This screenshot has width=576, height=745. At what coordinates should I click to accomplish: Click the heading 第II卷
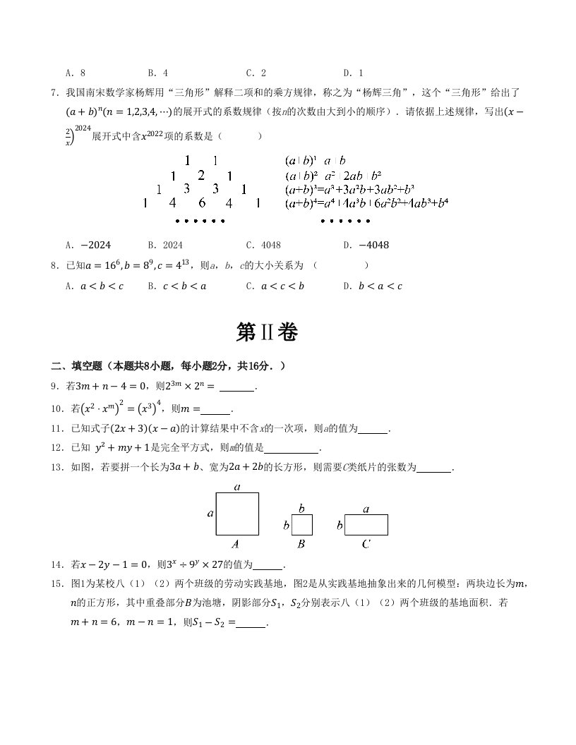pos(267,332)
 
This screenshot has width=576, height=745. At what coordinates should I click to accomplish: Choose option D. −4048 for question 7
pos(365,246)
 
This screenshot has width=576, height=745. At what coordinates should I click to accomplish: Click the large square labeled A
pos(237,514)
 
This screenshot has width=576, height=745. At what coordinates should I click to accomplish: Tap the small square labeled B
pos(302,525)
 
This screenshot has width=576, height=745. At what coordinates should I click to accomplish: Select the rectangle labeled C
pos(366,525)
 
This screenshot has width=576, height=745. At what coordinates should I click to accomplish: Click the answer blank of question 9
pos(236,386)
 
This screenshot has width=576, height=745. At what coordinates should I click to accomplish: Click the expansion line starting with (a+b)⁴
pos(366,203)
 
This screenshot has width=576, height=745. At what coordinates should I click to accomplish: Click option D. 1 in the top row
pos(353,73)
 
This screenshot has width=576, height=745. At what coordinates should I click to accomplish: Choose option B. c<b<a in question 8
pos(177,286)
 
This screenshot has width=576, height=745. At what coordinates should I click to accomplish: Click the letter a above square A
pos(237,487)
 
